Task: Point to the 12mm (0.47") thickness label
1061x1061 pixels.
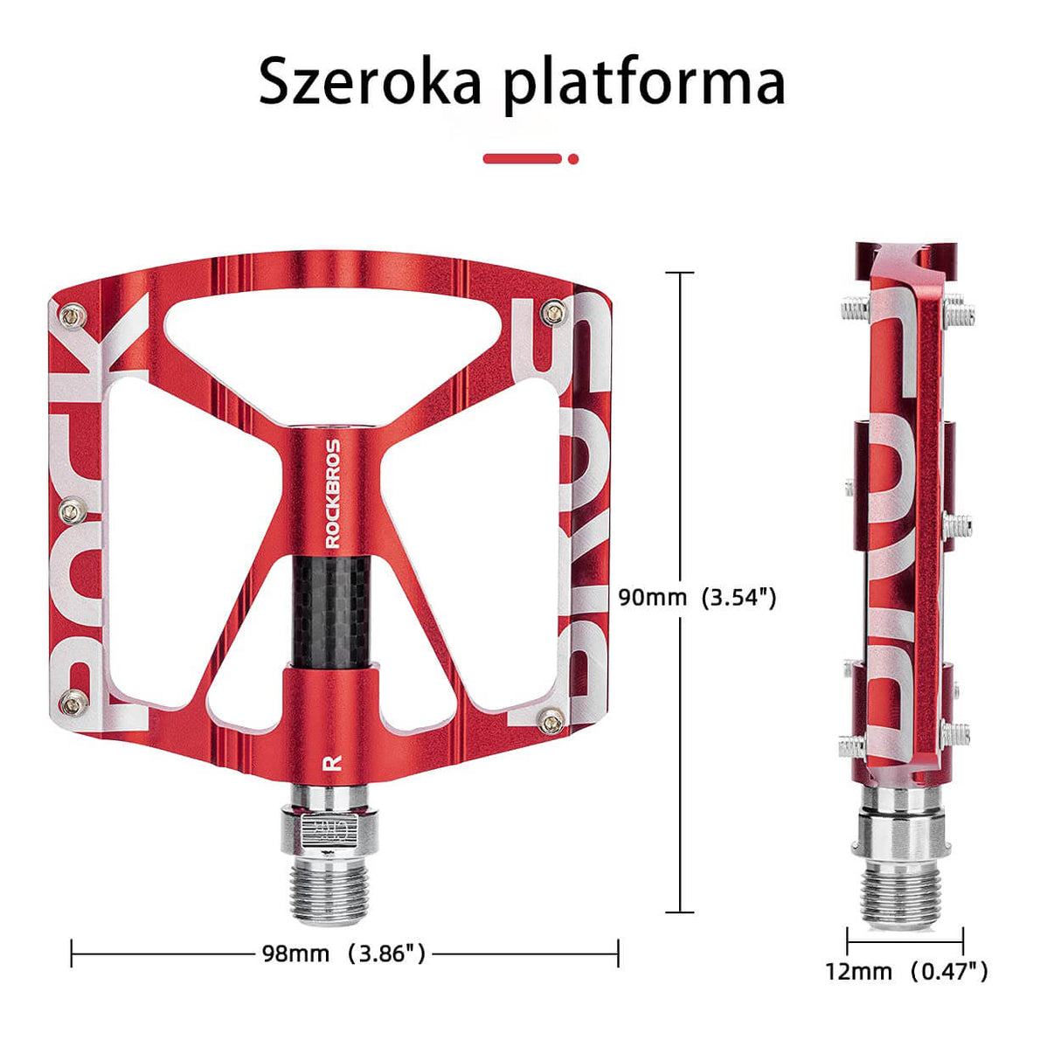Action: pos(905,971)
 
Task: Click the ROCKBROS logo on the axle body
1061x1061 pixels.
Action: pos(333,493)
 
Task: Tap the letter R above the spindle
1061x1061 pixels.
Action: pos(331,761)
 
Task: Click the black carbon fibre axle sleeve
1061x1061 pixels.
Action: pos(331,612)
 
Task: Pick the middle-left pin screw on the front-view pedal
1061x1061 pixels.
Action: pos(73,507)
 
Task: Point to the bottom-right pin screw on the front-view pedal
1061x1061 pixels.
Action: pos(551,722)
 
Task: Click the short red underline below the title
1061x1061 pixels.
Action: pos(523,158)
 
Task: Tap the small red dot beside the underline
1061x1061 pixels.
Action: pos(573,159)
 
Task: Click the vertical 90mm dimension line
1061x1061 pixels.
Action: pos(681,437)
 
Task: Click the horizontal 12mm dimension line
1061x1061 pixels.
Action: pos(905,940)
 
